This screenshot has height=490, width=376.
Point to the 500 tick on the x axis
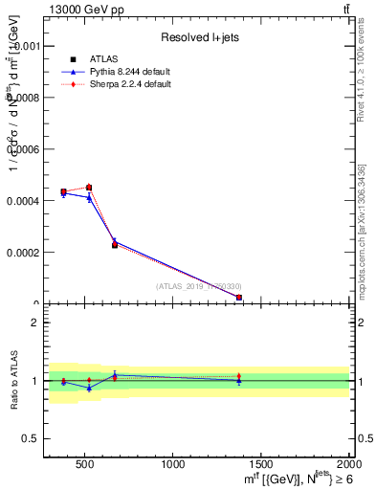pos(84,464)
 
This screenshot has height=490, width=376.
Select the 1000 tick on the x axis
pos(173,464)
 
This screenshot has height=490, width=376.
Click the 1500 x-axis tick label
pos(261,464)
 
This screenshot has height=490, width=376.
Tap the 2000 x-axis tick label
pos(347,464)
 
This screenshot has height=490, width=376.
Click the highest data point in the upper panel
pos(88,188)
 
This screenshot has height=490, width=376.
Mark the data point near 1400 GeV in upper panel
pos(238,298)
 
